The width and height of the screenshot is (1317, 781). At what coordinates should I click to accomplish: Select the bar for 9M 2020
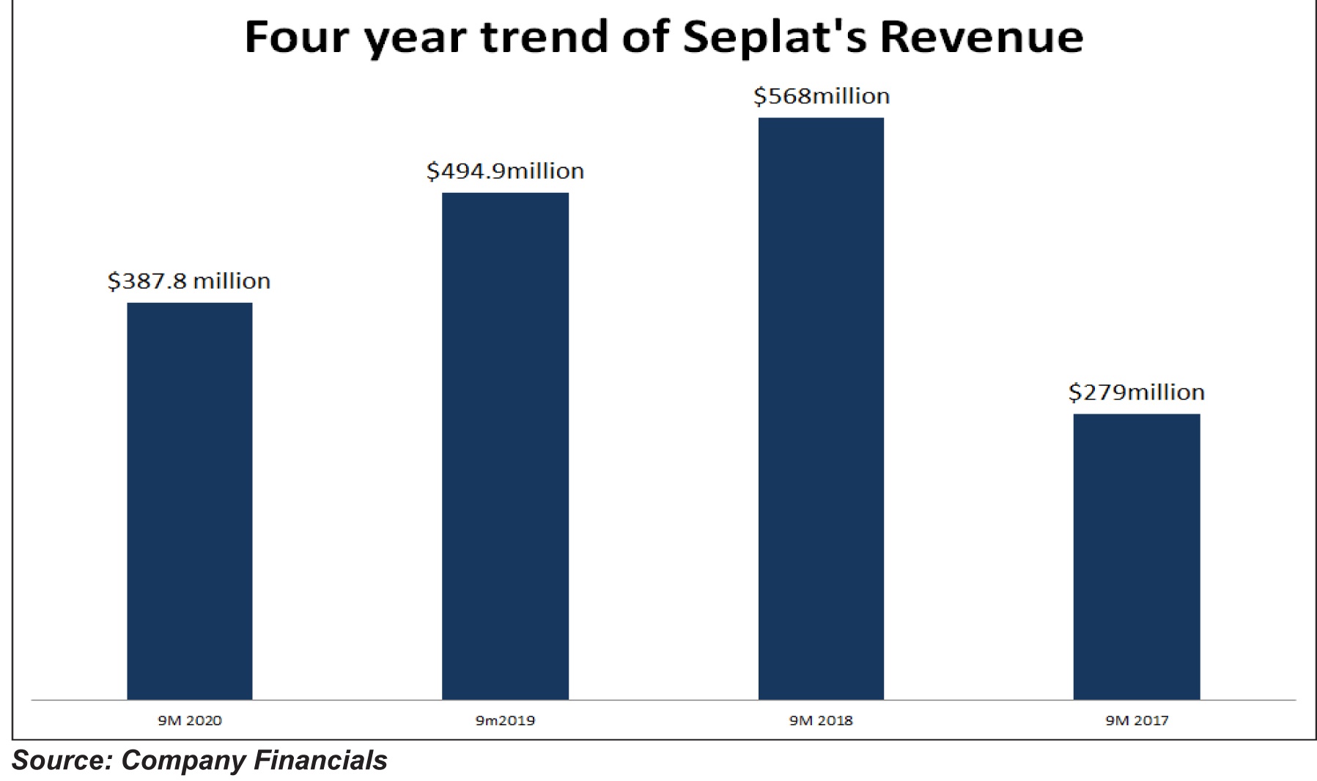point(190,501)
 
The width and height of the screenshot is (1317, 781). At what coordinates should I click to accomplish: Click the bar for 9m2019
point(505,446)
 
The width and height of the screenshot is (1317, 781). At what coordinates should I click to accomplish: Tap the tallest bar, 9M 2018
point(821,408)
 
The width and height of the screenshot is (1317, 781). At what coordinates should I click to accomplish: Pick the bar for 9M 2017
point(1137,557)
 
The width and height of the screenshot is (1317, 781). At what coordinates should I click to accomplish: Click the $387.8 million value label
point(189,281)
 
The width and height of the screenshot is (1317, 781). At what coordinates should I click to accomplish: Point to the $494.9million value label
point(505,171)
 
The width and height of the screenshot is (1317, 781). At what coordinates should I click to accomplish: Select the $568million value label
point(822,96)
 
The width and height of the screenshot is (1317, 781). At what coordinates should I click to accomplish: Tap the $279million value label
point(1137,392)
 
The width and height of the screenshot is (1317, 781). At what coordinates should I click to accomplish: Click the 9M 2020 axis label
point(190,720)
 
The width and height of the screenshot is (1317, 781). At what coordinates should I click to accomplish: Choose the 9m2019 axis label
point(505,720)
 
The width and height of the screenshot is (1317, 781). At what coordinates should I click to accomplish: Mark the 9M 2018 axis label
point(821,720)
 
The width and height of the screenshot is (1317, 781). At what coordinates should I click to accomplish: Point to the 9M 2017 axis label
point(1137,720)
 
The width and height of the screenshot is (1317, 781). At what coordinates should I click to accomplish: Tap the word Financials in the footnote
point(320,760)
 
